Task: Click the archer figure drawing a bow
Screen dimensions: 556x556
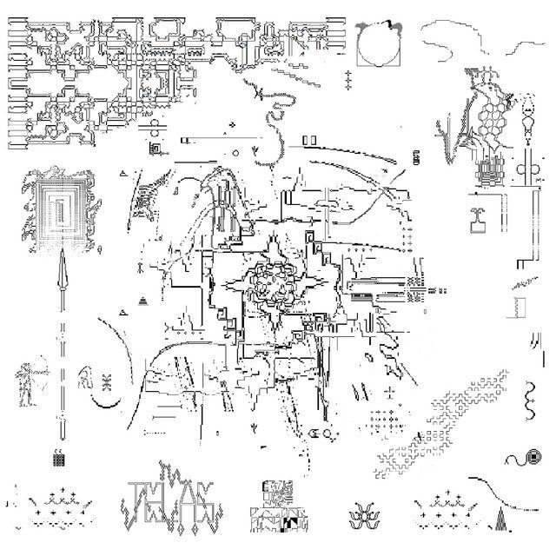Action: pos(26,382)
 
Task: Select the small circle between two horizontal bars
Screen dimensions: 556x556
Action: pos(156,132)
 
